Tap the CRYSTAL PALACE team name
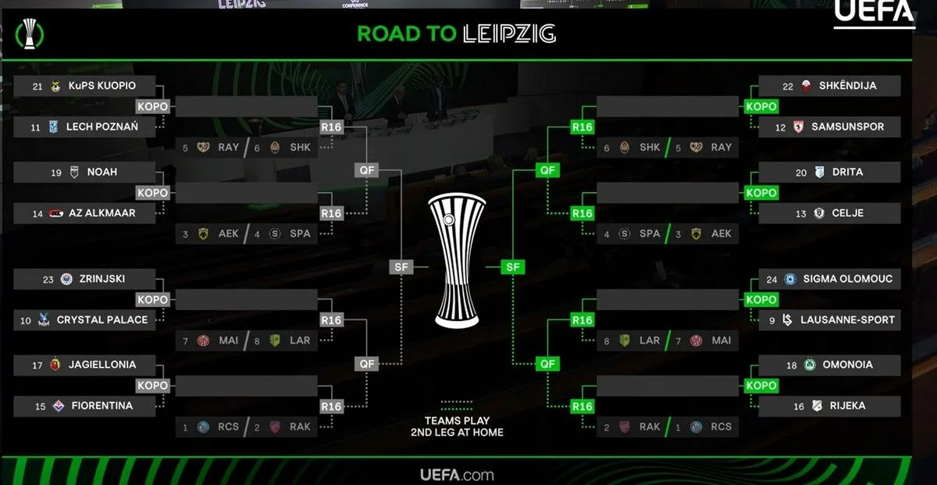(x=102, y=319)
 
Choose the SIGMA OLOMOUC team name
(x=847, y=279)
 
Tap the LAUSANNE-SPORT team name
(x=848, y=319)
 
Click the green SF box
(x=512, y=267)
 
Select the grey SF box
(x=401, y=267)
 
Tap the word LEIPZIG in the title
(x=509, y=34)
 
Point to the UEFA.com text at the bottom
(x=457, y=474)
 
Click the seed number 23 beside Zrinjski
(x=48, y=279)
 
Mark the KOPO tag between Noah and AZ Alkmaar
(x=152, y=193)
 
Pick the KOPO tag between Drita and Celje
(x=761, y=193)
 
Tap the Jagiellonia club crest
(x=55, y=365)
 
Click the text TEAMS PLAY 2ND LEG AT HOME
(x=458, y=426)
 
